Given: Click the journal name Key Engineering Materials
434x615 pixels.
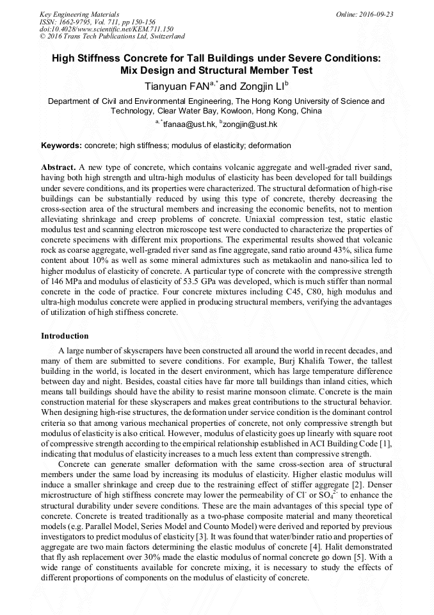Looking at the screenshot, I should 74,13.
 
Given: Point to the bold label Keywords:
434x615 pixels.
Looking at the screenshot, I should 61,146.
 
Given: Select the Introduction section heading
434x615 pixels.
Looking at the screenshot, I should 65,335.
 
